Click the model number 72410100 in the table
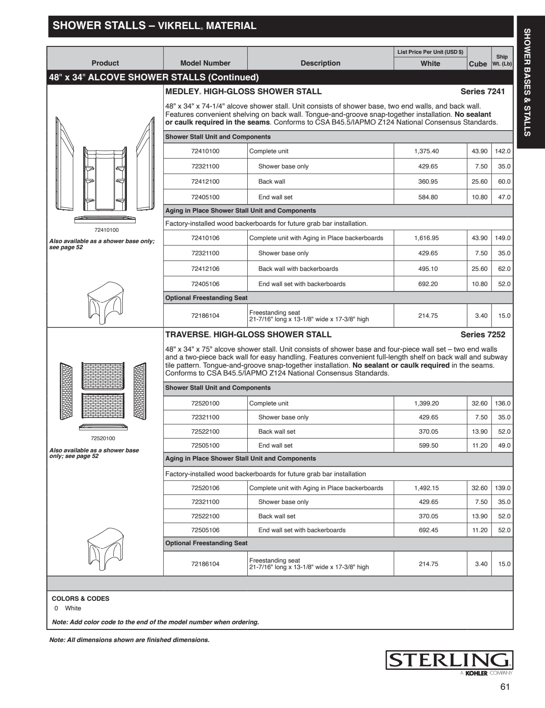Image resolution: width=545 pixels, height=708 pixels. [x=205, y=151]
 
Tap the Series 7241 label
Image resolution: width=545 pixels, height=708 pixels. [x=483, y=92]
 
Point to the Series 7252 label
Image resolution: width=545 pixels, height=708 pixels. [x=483, y=335]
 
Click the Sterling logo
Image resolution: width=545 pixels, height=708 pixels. [x=449, y=660]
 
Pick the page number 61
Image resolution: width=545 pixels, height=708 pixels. [x=505, y=687]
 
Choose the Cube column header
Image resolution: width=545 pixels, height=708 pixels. [x=478, y=64]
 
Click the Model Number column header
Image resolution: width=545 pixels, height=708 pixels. [x=205, y=63]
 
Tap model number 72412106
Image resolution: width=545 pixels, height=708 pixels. [x=205, y=269]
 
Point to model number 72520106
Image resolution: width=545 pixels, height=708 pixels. [x=205, y=488]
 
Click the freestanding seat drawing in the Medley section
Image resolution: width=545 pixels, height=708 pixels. [x=105, y=303]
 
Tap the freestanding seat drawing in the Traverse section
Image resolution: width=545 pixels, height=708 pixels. [x=105, y=549]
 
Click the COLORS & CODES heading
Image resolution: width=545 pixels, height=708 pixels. [x=80, y=599]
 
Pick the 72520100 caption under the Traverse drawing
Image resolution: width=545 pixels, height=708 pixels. [x=103, y=438]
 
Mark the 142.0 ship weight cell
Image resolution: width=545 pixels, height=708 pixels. [x=502, y=151]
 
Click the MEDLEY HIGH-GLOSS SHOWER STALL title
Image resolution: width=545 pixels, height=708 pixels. [x=243, y=92]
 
